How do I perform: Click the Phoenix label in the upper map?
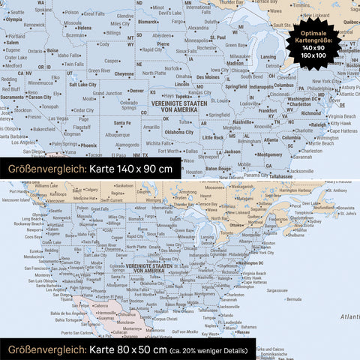tap(88, 144)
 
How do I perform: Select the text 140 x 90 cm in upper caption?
tap(131, 169)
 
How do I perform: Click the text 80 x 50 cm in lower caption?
tap(127, 349)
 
